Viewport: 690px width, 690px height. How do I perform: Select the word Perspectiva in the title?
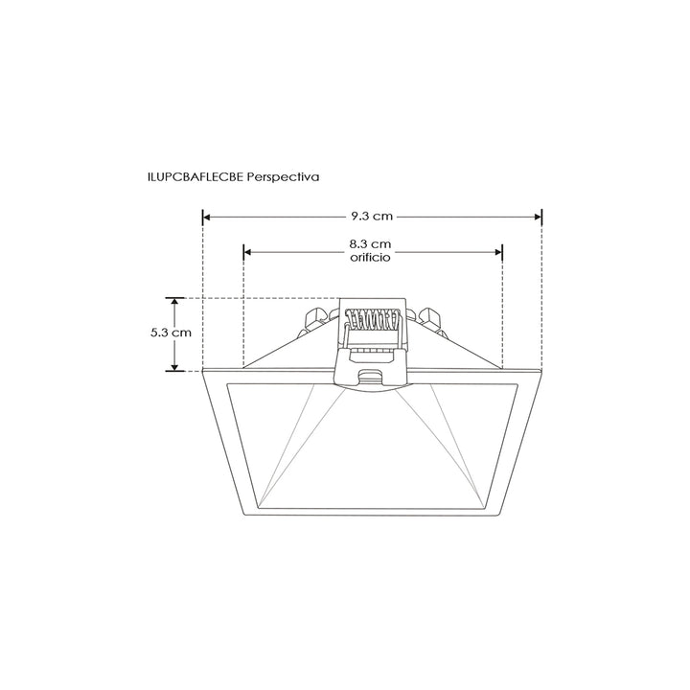click(x=282, y=177)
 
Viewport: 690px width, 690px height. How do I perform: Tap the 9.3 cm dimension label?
click(x=372, y=216)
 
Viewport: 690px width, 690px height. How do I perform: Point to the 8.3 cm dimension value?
click(x=372, y=244)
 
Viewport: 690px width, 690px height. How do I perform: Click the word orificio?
click(x=372, y=258)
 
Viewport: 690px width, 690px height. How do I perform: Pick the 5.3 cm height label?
click(x=172, y=333)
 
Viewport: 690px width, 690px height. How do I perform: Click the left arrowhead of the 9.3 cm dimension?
click(x=206, y=217)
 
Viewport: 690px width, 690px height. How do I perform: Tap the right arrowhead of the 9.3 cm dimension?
click(x=538, y=217)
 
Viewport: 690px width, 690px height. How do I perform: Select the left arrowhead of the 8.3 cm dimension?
click(x=248, y=252)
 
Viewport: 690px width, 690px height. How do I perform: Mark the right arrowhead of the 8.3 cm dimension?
click(x=498, y=252)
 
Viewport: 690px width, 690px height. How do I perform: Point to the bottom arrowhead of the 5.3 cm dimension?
click(x=175, y=366)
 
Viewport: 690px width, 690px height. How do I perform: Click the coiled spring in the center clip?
click(x=372, y=317)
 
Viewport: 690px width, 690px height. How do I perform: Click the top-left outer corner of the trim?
click(x=204, y=370)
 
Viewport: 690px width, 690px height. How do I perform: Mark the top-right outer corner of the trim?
click(x=541, y=370)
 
